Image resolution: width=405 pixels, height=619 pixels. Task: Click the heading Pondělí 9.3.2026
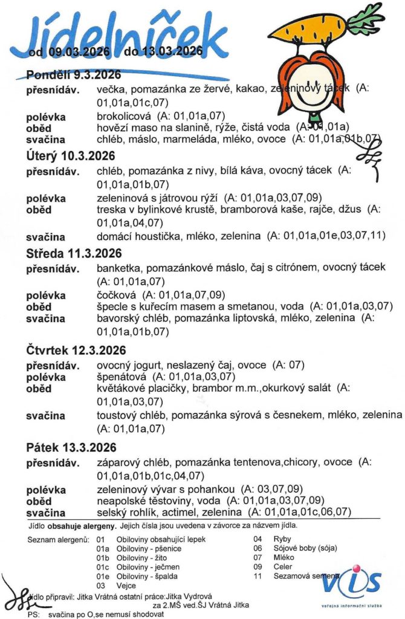[x=74, y=75]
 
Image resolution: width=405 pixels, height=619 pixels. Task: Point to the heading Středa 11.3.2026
[x=74, y=253]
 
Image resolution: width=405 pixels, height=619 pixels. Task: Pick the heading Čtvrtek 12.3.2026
[x=76, y=351]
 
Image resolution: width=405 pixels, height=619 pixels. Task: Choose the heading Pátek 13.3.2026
[x=71, y=448]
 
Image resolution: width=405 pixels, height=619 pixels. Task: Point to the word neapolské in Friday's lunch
[x=120, y=501]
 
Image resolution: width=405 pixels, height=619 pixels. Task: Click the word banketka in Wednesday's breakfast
[x=118, y=267]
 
